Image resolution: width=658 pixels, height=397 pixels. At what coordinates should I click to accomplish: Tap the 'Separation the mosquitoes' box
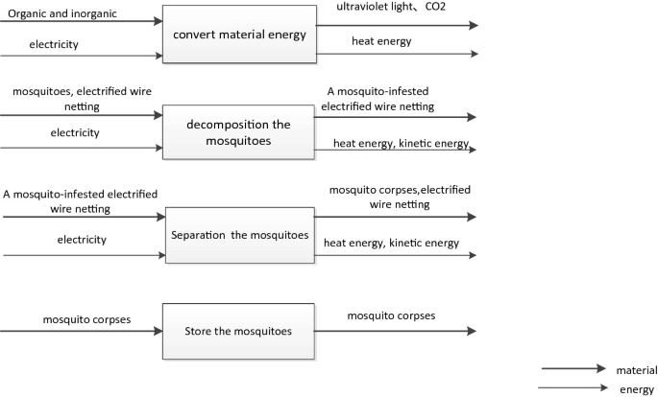(239, 234)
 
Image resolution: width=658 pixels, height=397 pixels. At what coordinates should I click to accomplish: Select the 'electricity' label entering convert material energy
(54, 44)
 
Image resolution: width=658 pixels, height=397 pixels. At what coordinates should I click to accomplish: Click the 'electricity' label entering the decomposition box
(75, 132)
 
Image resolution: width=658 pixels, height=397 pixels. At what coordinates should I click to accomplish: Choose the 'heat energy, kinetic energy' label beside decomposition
(401, 144)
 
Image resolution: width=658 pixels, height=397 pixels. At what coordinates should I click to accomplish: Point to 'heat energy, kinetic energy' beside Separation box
(391, 244)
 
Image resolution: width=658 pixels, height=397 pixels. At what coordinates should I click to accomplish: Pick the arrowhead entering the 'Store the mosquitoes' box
(157, 332)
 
